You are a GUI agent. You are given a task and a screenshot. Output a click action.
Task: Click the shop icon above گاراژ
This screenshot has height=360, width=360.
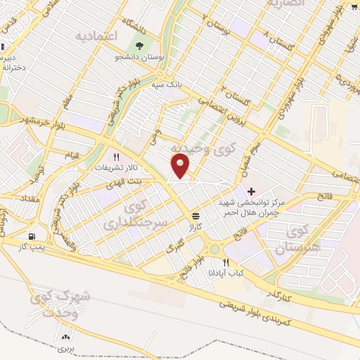[194, 217]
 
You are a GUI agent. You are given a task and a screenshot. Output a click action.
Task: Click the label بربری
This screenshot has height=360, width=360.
[65, 348]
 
